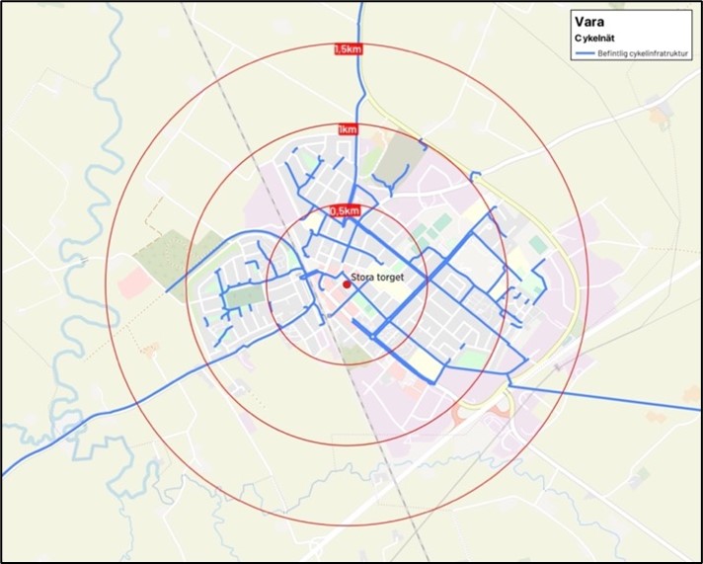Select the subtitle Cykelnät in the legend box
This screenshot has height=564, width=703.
596,38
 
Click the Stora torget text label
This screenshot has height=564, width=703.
378,280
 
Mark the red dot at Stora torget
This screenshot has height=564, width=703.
347,284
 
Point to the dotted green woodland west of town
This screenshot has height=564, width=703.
164,256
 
